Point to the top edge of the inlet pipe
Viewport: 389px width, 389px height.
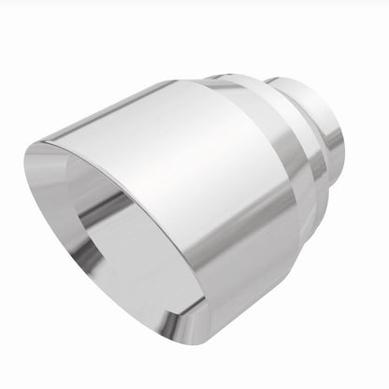coord(309,80)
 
